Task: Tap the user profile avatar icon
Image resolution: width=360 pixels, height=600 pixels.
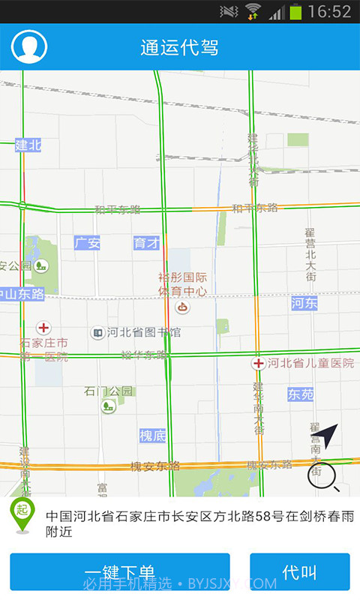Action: (x=29, y=46)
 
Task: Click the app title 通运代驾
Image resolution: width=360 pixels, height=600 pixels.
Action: (x=179, y=47)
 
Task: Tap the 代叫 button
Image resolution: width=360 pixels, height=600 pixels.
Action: (x=299, y=572)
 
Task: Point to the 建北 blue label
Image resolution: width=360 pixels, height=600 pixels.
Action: (x=28, y=145)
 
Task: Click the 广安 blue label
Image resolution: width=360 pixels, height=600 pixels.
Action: (x=87, y=243)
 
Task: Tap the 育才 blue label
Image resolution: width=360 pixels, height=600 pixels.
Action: (x=146, y=243)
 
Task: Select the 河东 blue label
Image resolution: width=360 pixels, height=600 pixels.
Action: (x=304, y=303)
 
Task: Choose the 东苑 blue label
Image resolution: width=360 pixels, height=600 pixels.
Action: (x=301, y=394)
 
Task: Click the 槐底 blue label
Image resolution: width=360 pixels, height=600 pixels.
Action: (x=152, y=436)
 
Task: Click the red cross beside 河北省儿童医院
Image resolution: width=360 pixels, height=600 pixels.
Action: (x=258, y=364)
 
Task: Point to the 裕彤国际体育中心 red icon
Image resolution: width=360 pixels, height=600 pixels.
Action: (x=182, y=307)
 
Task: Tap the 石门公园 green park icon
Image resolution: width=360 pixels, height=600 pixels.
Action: (x=109, y=406)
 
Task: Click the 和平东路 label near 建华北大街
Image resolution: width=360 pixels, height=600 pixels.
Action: (x=255, y=208)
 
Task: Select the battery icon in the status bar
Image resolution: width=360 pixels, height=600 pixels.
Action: (x=295, y=11)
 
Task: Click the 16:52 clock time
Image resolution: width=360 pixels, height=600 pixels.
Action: (x=329, y=11)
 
